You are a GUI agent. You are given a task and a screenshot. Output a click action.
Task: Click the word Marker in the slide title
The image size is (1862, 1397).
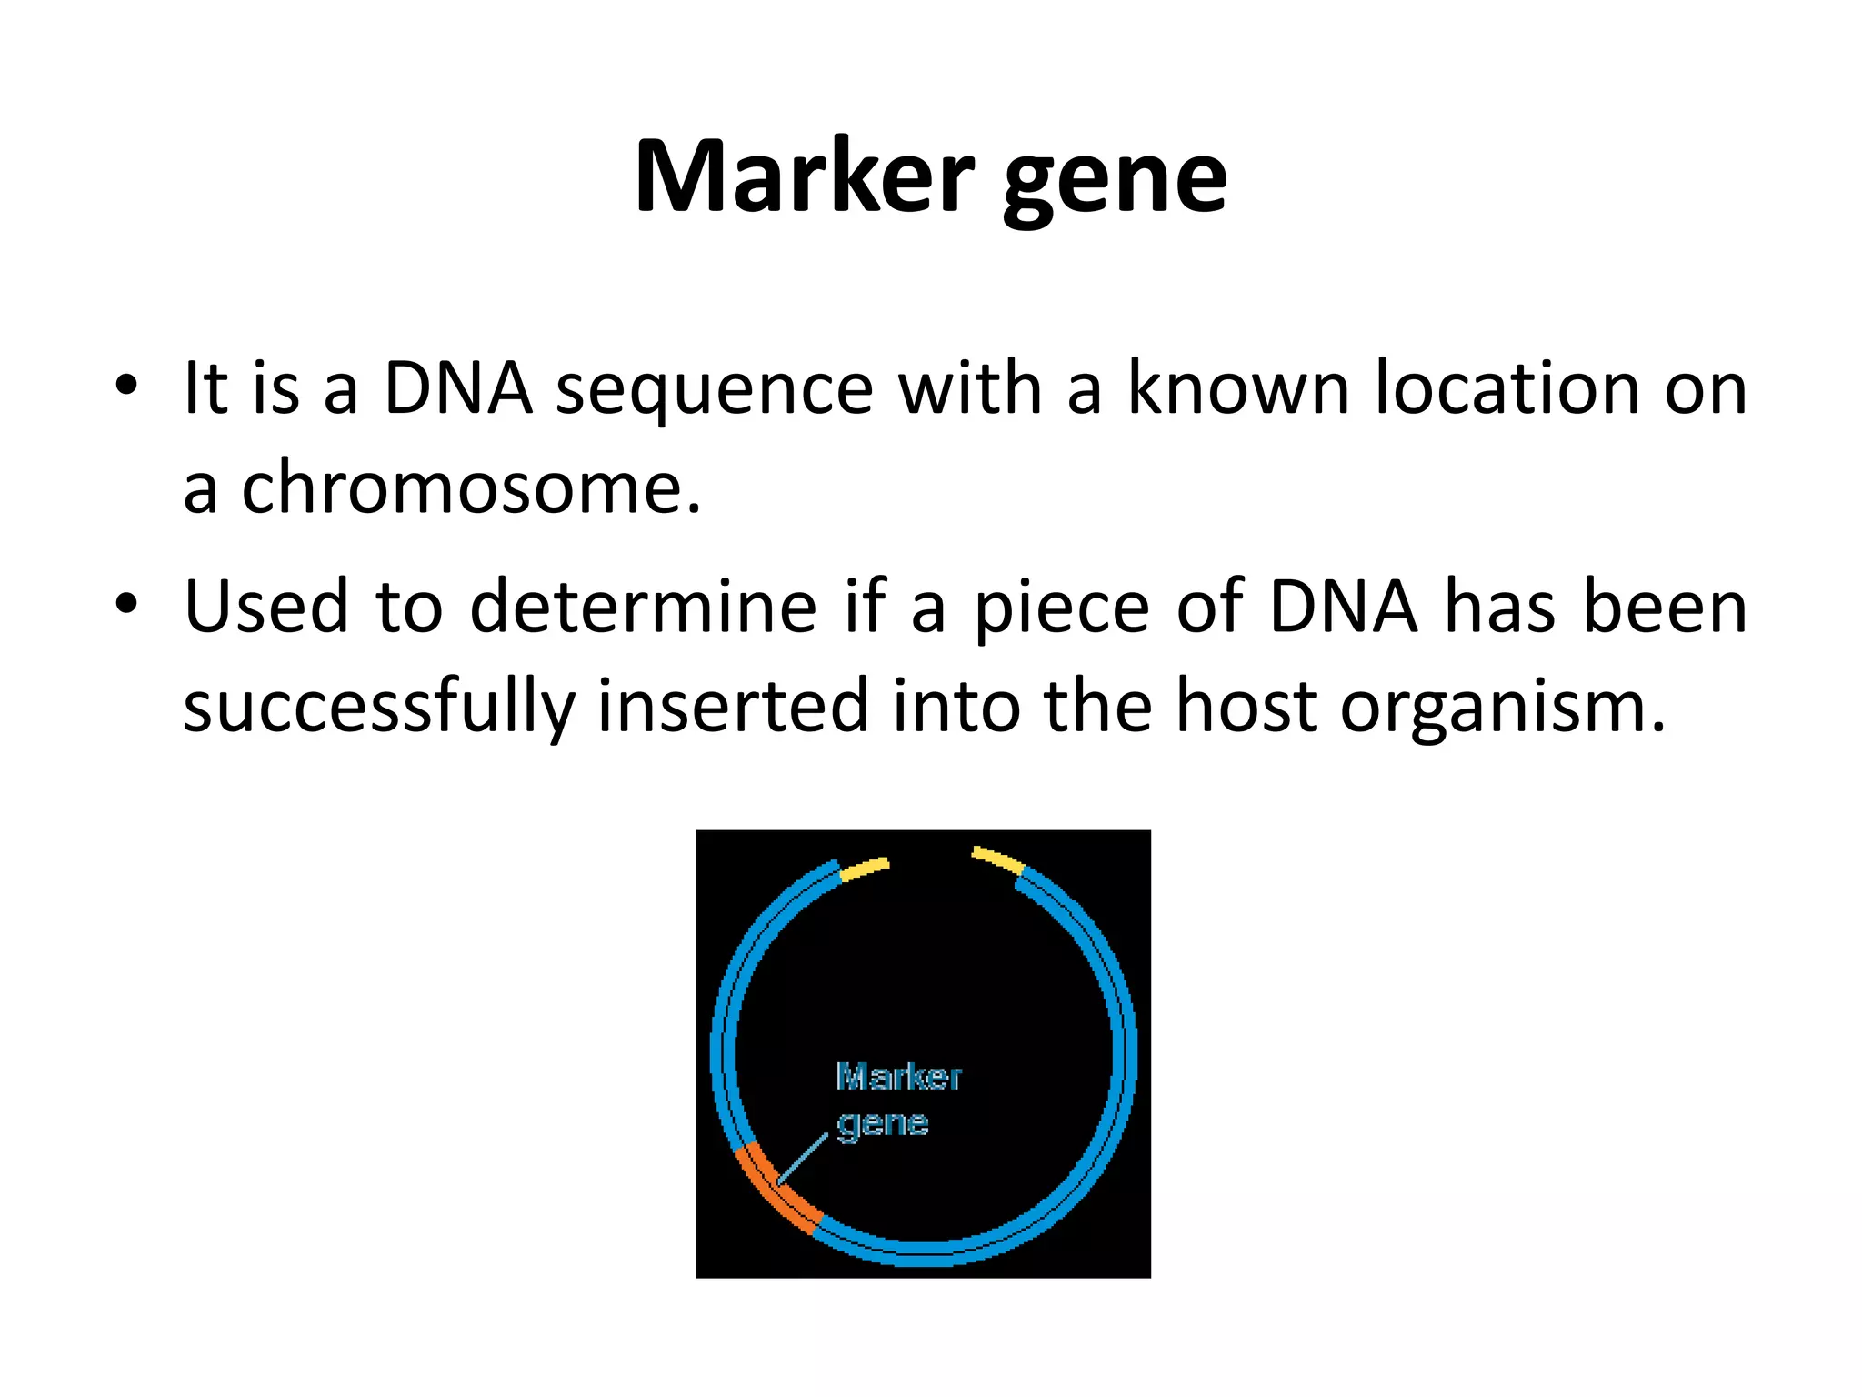(x=804, y=177)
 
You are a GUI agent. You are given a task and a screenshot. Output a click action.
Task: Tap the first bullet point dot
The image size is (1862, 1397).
(x=126, y=385)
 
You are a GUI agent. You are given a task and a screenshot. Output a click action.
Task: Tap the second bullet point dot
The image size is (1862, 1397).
(x=126, y=603)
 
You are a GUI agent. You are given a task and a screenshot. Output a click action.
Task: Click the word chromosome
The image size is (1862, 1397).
(x=470, y=488)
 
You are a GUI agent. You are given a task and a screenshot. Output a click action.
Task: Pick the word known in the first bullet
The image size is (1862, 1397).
(x=1238, y=388)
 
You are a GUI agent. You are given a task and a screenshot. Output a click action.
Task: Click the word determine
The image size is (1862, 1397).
(x=643, y=608)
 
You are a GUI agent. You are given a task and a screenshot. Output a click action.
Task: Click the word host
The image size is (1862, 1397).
(x=1246, y=707)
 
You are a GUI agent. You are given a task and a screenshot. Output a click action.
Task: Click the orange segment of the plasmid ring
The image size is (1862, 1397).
(x=776, y=1191)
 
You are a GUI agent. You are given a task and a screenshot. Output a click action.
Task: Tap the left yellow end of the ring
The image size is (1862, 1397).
(x=864, y=869)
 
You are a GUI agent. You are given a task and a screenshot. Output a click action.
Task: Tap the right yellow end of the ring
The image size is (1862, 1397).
(x=997, y=859)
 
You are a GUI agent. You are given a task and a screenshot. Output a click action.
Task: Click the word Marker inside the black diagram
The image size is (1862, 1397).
(x=897, y=1077)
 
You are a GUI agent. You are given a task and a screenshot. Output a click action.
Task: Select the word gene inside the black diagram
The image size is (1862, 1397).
(x=882, y=1124)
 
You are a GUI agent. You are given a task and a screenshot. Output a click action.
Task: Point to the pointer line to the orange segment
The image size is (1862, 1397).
(x=803, y=1160)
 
